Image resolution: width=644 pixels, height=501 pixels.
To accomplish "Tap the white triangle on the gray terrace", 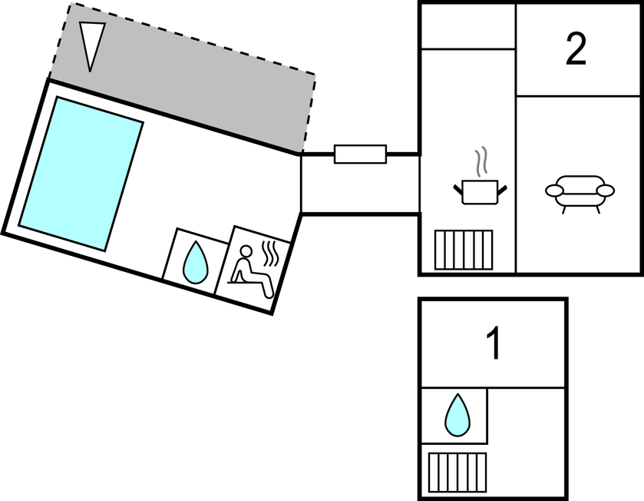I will coord(92,45).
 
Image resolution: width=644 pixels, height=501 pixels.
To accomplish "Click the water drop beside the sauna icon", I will coord(196,263).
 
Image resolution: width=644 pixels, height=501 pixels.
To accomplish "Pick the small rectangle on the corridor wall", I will coord(360,154).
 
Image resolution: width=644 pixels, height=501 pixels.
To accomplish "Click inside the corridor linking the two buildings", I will coord(359,184).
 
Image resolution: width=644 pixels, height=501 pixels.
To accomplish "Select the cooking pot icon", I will coord(480,191).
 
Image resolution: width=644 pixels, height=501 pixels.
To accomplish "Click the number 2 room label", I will coord(576,50).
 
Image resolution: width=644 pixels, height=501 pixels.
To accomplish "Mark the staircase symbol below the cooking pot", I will coord(463,250).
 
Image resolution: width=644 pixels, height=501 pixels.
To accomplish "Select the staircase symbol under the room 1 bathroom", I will coord(457,472).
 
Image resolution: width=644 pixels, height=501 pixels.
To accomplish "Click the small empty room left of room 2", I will coord(467,26).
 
